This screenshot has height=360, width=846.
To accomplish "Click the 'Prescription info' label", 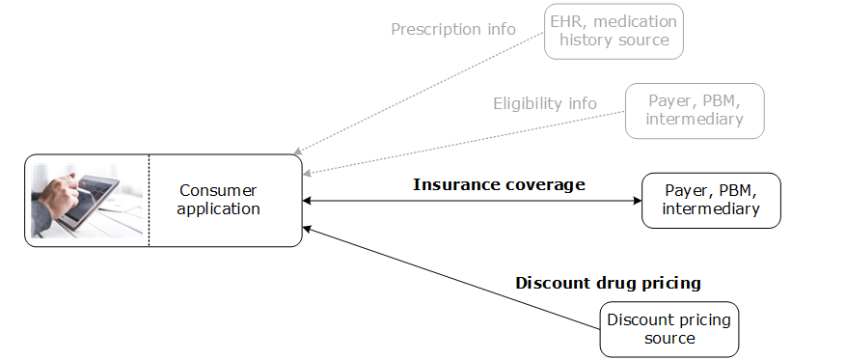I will [x=453, y=29].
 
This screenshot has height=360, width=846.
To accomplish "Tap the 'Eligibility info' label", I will [x=545, y=103].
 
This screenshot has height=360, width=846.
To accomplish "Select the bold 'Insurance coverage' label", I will [x=499, y=184].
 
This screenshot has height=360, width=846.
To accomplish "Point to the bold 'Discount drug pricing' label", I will [x=608, y=283].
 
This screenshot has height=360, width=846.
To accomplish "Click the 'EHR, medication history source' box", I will [x=614, y=31].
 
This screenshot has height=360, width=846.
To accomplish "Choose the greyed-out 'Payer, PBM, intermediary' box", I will [x=695, y=110].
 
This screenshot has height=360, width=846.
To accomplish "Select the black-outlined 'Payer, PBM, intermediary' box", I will [x=711, y=200].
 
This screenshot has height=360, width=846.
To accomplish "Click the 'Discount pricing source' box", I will [x=669, y=329].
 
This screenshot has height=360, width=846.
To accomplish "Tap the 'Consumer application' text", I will [x=219, y=200].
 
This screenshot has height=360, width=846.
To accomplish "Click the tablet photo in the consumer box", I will [x=87, y=201].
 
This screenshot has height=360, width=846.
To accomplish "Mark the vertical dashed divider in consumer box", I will [x=149, y=201].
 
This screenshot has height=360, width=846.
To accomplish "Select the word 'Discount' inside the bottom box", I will [x=638, y=319].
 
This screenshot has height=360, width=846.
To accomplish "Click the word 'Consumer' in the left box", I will [x=219, y=191].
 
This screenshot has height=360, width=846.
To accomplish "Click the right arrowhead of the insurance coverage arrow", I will [x=637, y=201].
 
